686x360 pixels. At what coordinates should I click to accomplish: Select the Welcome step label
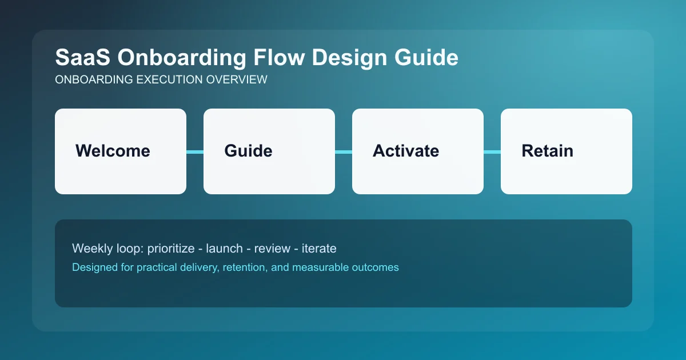click(x=113, y=151)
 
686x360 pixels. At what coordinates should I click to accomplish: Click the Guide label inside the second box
click(x=248, y=151)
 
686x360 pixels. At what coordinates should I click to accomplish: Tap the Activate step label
click(x=406, y=151)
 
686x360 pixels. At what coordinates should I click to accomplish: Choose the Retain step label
click(x=547, y=151)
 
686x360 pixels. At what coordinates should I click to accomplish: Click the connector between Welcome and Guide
click(x=195, y=151)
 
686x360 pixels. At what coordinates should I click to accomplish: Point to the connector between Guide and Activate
click(x=344, y=151)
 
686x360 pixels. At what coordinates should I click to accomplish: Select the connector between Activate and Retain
click(x=492, y=151)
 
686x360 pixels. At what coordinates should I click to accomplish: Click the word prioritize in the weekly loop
click(x=172, y=249)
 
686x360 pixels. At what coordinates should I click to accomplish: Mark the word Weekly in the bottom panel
click(x=90, y=249)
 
